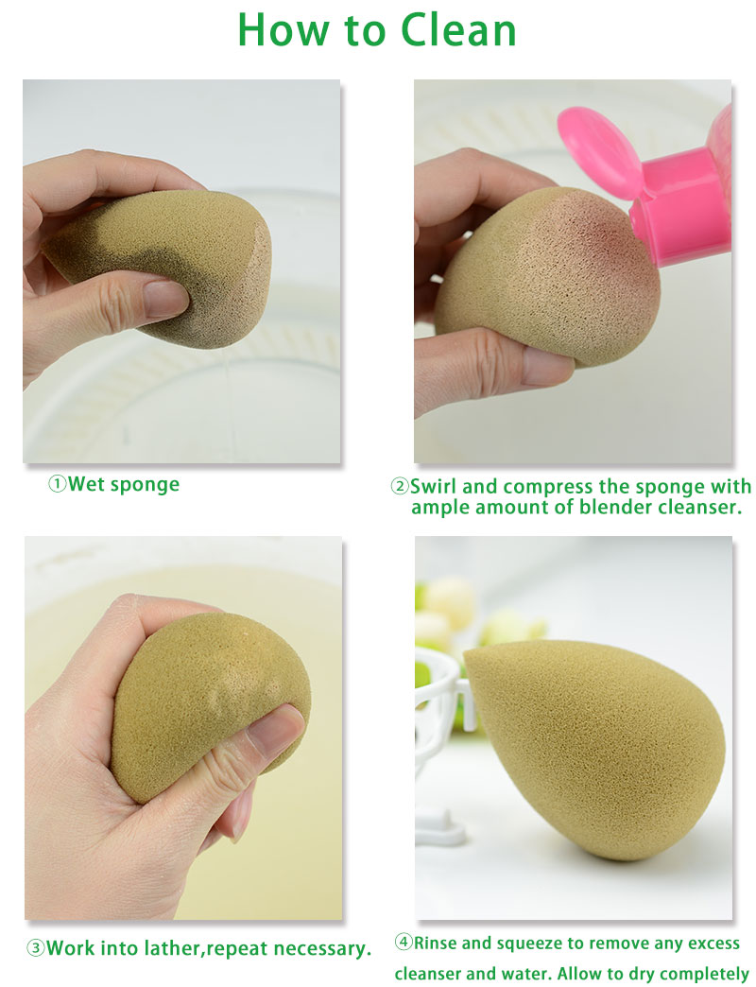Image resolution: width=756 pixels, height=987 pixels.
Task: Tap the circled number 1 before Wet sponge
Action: [x=58, y=484]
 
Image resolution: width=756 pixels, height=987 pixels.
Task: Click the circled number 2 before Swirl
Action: [x=400, y=487]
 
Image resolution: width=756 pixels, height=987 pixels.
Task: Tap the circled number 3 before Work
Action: [x=35, y=948]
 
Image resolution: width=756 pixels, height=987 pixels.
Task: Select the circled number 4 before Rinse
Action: [x=404, y=943]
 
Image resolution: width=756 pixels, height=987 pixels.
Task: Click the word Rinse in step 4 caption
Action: [x=437, y=943]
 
